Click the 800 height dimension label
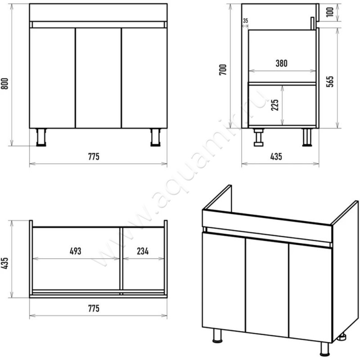(5, 84)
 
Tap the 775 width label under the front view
(94, 157)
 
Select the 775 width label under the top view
(94, 308)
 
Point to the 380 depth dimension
(282, 63)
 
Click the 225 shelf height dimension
(275, 105)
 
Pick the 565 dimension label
(330, 81)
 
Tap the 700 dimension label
(223, 70)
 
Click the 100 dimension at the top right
(330, 12)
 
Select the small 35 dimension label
(245, 21)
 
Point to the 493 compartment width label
(76, 251)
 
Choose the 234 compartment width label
(143, 251)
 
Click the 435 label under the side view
(276, 157)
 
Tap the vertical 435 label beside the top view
(5, 263)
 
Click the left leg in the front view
(41, 137)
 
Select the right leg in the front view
(155, 137)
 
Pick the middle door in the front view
(98, 78)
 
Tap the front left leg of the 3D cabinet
(217, 336)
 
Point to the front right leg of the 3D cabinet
(324, 349)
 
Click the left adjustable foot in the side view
(258, 137)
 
